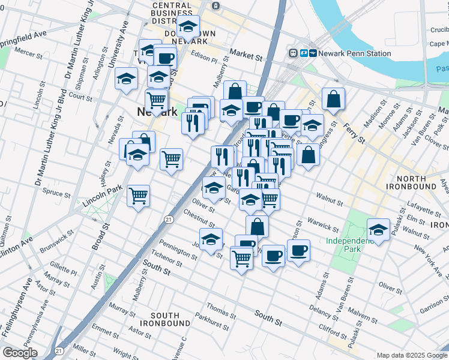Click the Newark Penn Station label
pyautogui.click(x=355, y=53)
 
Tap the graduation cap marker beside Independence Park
pyautogui.click(x=378, y=230)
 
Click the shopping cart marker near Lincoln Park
pyautogui.click(x=139, y=196)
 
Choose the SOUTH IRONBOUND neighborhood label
pyautogui.click(x=164, y=319)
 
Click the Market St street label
pyautogui.click(x=246, y=56)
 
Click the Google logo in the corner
pyautogui.click(x=20, y=353)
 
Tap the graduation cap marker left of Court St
pyautogui.click(x=127, y=79)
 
